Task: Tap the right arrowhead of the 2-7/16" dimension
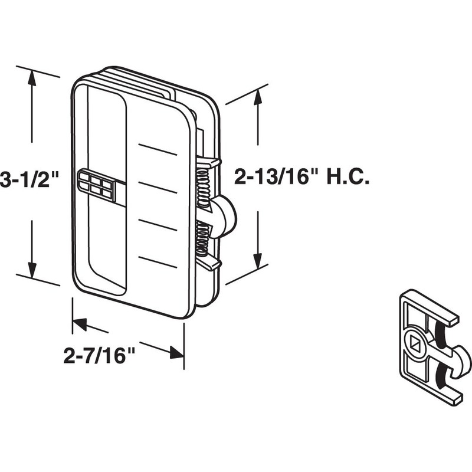tap(176, 353)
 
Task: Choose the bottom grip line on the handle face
tap(158, 261)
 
